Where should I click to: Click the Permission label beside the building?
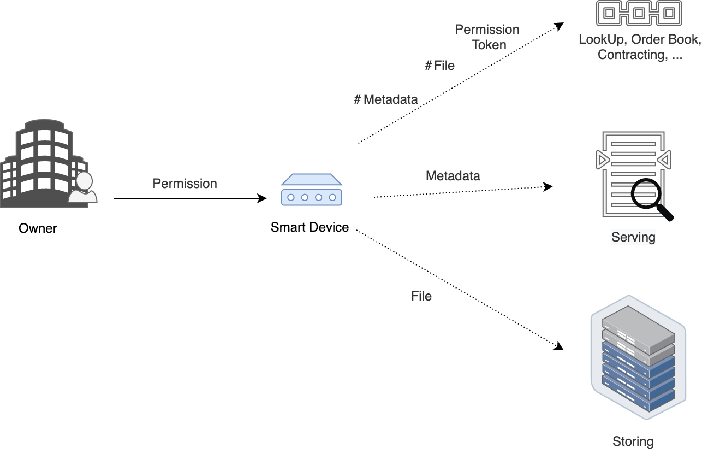point(185,184)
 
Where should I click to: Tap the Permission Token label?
point(487,37)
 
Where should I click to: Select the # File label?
point(439,66)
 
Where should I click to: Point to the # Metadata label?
point(386,99)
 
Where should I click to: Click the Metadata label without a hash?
point(453,176)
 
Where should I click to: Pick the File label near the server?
point(421,296)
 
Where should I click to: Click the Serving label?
point(633,237)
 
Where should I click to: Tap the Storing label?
point(633,441)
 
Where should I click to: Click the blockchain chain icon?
point(639,13)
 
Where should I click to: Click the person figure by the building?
point(83,189)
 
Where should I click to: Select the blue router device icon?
point(312,190)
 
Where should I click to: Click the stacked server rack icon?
point(638,358)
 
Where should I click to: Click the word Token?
point(489,45)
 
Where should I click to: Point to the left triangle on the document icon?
point(602,160)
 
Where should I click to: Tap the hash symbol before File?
point(429,66)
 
